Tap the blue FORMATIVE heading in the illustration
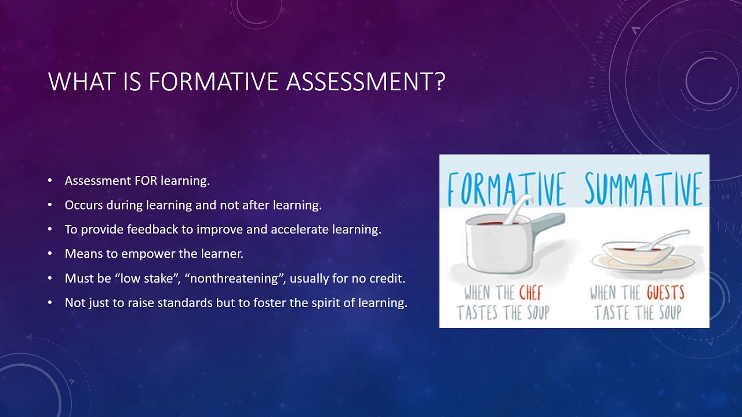pyautogui.click(x=506, y=189)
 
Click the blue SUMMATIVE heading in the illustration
pyautogui.click(x=643, y=189)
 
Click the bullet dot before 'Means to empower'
pyautogui.click(x=50, y=254)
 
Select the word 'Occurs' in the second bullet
pyautogui.click(x=83, y=205)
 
